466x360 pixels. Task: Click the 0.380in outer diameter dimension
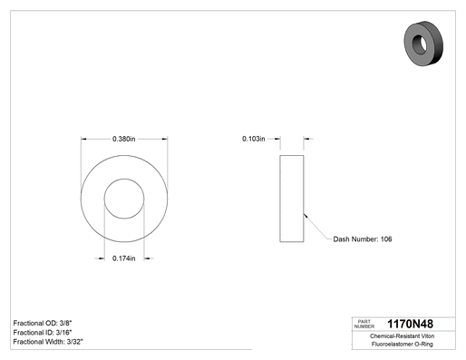[124, 139]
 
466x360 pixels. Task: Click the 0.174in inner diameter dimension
[124, 258]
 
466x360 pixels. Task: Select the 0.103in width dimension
[254, 139]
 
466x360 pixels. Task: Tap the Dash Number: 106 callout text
[363, 239]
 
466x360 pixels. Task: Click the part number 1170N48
[410, 324]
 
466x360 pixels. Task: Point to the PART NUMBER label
[364, 324]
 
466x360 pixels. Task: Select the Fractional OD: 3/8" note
[43, 323]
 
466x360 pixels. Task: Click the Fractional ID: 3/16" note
[43, 333]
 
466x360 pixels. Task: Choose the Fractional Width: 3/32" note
[48, 342]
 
